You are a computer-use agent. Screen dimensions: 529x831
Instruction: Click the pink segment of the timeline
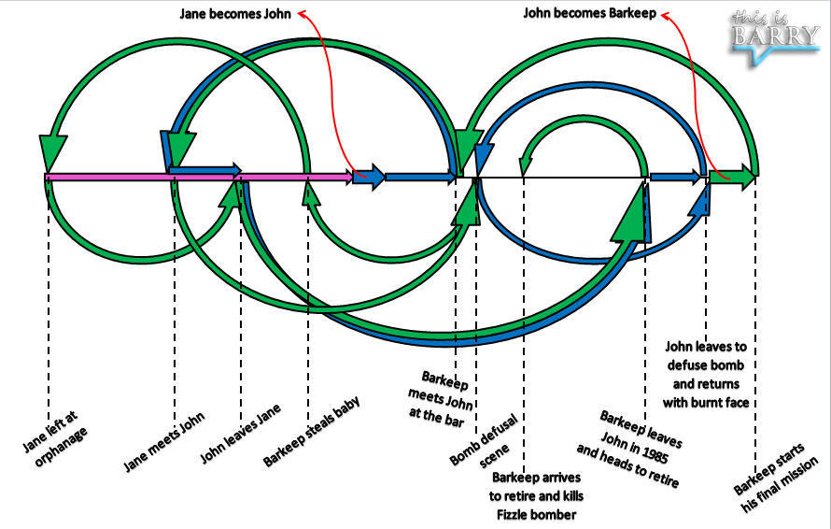[x=187, y=176]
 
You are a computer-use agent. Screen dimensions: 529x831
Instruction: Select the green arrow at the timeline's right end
[x=733, y=177]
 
